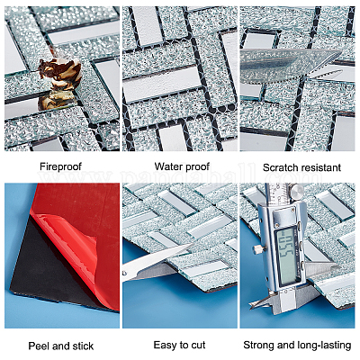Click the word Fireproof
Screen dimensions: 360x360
point(60,166)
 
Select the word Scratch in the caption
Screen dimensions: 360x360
point(281,167)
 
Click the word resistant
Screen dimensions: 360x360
point(321,167)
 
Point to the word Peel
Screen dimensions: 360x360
point(39,346)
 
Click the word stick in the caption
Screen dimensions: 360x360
point(82,346)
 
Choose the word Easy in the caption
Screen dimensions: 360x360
point(165,345)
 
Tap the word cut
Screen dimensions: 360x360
point(198,345)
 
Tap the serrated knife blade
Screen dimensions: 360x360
point(290,66)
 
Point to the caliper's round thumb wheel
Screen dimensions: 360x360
point(296,191)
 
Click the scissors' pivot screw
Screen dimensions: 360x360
point(125,273)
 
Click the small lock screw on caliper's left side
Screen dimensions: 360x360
point(256,249)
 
